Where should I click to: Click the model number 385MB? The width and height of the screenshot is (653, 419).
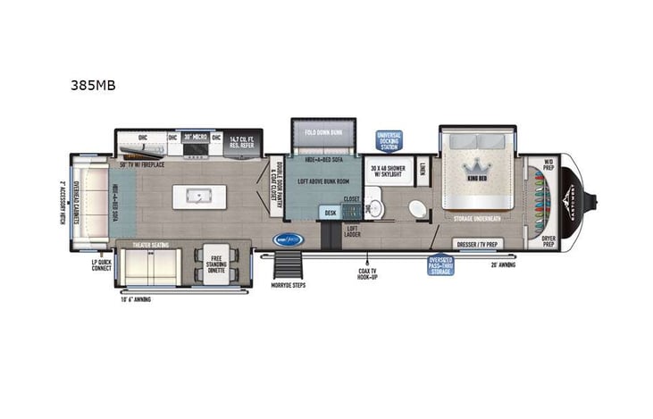93,87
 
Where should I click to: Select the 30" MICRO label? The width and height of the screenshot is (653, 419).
195,138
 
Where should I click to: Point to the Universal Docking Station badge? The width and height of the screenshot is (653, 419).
389,140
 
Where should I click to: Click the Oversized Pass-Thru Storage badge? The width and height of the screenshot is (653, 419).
440,264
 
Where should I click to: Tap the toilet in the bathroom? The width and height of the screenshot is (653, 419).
417,208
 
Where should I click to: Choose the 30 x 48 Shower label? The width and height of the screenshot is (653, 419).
389,172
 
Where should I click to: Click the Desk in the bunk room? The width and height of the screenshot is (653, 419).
330,213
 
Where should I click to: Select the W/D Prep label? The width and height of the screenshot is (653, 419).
548,163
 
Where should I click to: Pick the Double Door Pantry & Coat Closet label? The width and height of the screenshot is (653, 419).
278,187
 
